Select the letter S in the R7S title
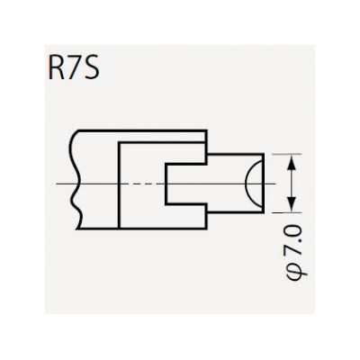click(91, 70)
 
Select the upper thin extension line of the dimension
click(286, 154)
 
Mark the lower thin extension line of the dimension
click(286, 212)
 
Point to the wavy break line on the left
click(76, 180)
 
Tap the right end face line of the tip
click(264, 184)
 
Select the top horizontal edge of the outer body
click(142, 130)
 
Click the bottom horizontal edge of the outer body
click(142, 229)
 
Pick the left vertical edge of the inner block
click(119, 185)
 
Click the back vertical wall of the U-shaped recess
click(166, 184)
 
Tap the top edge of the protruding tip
click(236, 154)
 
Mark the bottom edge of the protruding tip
click(236, 212)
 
